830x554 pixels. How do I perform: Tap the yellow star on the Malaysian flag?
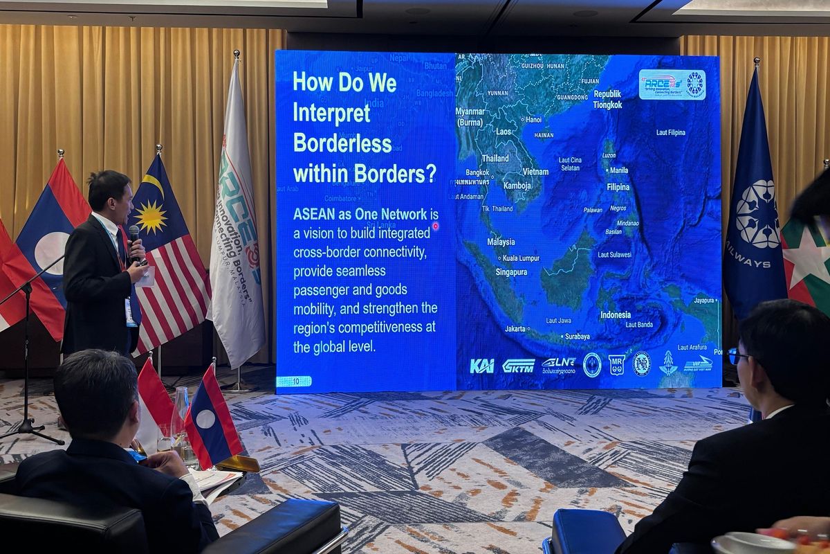point(151,216)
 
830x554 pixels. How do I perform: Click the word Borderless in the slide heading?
point(342,143)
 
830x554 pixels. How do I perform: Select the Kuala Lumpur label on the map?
point(521,258)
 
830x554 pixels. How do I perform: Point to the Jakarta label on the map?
point(515,328)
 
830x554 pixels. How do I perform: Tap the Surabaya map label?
point(577,337)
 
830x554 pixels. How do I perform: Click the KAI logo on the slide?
point(481,366)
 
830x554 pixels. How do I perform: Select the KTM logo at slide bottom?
point(518,366)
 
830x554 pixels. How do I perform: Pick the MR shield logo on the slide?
point(616,364)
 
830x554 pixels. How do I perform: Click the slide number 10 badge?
point(294,381)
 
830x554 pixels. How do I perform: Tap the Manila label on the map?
point(618,170)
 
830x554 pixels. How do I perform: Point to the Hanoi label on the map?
point(533,119)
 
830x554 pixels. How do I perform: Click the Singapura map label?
point(511,272)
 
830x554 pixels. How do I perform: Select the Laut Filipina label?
point(670,132)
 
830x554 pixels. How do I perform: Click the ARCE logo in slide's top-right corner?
point(672,84)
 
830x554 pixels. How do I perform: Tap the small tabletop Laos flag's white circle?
point(205,418)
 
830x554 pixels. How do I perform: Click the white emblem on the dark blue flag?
point(757,214)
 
